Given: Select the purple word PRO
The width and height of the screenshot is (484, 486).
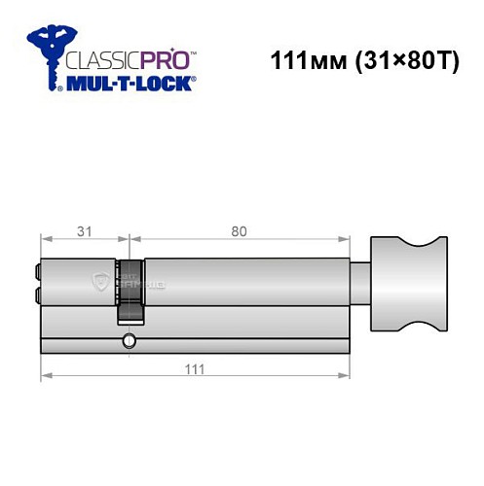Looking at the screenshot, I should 156,57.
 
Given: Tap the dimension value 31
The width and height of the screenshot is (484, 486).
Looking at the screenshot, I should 84,230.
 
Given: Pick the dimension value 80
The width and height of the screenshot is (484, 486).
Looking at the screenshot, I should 239,230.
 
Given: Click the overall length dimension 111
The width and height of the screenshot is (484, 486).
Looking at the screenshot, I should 196,368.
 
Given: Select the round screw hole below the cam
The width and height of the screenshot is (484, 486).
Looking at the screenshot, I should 128,341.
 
